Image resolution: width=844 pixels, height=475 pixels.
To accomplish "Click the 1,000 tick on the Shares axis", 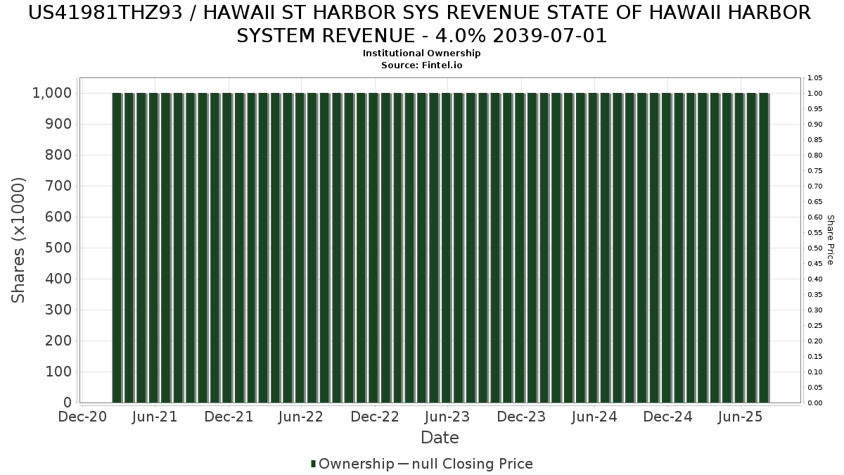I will pos(51,93).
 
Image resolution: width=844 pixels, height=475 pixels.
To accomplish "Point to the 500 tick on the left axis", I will pos(58,248).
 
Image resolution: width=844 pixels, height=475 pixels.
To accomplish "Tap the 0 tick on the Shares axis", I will pos(68,403).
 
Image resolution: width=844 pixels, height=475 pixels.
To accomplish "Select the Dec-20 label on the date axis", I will pos(83,417).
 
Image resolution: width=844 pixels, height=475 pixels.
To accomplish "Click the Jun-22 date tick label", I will pos(301,417).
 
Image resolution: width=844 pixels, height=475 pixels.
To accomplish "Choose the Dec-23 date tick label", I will pos(521,417).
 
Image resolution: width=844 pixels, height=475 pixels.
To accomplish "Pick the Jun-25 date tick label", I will pos(741,417).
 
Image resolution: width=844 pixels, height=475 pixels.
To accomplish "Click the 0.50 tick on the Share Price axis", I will pos(814,248).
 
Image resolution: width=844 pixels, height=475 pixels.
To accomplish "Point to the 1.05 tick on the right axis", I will pos(814,78).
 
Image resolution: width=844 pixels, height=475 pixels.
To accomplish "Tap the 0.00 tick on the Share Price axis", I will pos(814,403).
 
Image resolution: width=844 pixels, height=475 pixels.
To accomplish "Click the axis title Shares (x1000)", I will pos(19,240).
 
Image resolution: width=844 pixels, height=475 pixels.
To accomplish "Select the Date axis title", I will pos(440,438).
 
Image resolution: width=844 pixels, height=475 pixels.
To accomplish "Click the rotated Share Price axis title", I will pos(830,240).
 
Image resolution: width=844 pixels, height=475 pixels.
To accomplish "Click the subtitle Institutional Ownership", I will pos(422,53).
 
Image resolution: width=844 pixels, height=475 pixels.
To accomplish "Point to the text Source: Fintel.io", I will pos(422,65).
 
